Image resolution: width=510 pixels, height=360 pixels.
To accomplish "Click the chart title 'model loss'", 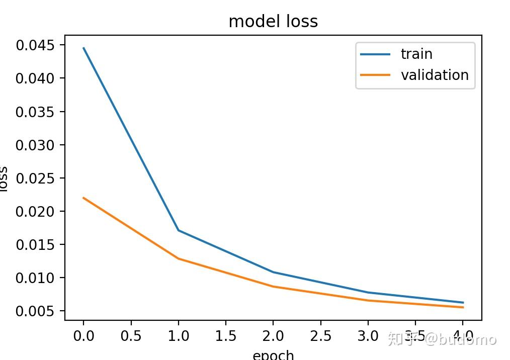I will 273,21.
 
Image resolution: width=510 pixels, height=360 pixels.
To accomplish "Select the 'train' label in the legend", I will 416,54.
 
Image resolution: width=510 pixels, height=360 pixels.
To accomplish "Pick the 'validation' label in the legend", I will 435,75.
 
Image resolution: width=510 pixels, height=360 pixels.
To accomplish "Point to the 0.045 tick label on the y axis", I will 34,45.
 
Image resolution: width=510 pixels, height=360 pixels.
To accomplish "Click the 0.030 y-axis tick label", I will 34,145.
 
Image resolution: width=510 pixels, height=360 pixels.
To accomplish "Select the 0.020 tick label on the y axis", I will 34,211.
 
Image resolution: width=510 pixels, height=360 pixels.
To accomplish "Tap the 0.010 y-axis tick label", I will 34,278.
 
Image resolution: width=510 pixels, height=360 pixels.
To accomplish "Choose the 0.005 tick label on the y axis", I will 34,311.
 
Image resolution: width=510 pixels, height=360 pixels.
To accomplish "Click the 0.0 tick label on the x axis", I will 83,336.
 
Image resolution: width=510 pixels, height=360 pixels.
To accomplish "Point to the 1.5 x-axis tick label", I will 226,336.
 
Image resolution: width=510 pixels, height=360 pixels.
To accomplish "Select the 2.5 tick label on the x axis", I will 321,336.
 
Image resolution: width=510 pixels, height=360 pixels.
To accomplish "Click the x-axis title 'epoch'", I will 273,354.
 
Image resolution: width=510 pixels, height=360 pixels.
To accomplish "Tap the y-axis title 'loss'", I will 4,178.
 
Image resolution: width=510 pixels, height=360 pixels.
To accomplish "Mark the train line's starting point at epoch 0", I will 83,48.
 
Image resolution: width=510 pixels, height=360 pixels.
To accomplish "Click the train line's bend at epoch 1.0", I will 178,230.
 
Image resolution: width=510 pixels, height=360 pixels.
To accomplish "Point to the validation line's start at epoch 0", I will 83,198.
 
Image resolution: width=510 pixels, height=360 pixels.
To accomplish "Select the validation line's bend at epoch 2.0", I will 273,287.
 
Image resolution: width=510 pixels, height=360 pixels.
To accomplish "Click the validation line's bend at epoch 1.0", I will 178,258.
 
